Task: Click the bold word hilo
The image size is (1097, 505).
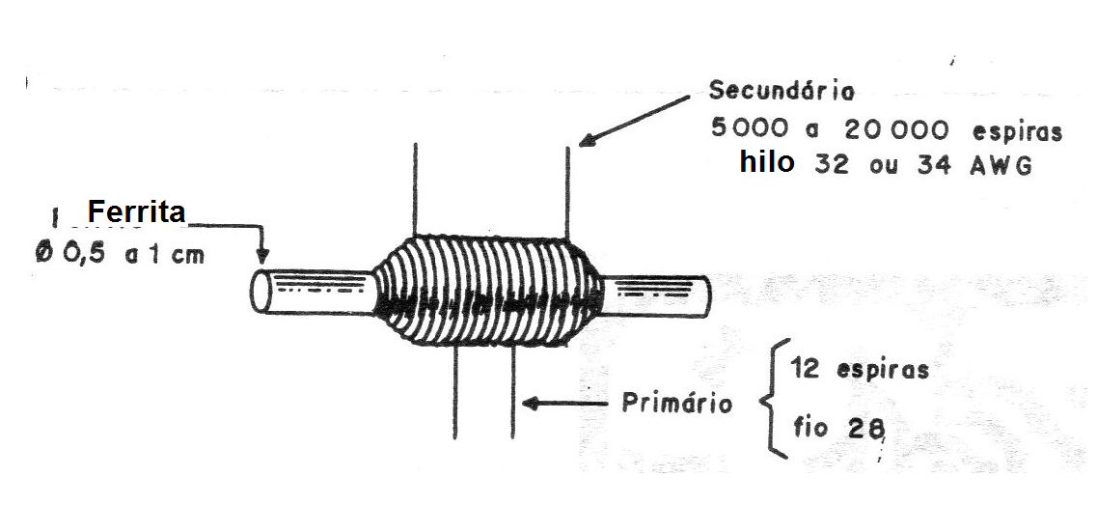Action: (x=767, y=162)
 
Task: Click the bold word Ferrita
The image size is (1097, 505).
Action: (x=136, y=210)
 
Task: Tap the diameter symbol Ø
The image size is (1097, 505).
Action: (x=44, y=254)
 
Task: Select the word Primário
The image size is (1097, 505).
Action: (x=676, y=404)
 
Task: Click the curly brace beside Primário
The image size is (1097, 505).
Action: (x=774, y=399)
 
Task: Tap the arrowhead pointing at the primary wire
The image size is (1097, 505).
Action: (x=532, y=404)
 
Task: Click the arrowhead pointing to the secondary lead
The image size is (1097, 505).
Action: (x=588, y=139)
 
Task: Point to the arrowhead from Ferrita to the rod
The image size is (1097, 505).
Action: (x=262, y=256)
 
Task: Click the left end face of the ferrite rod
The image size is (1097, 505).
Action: (x=261, y=292)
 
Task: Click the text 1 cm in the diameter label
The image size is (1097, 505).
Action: (x=174, y=254)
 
